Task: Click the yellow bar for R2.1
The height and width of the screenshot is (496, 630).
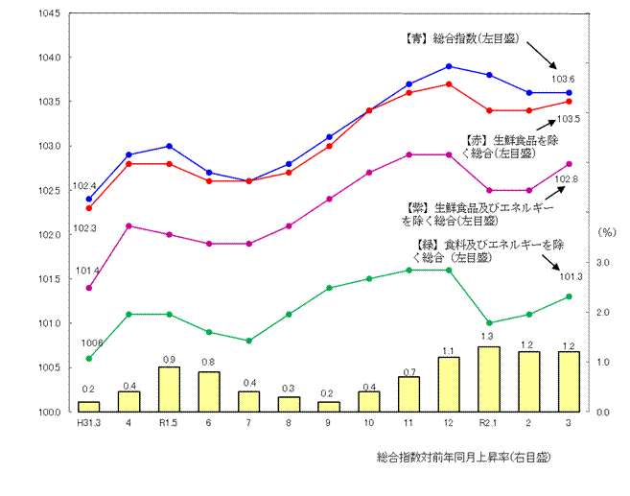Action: [489, 379]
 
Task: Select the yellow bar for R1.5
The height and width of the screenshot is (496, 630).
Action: [169, 389]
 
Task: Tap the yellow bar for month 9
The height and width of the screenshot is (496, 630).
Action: [329, 406]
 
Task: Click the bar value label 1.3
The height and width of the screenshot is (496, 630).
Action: [488, 338]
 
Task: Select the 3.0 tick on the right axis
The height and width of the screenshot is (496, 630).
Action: [605, 262]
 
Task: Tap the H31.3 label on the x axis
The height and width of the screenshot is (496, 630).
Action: [88, 423]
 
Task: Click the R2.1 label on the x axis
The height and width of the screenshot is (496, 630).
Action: [489, 423]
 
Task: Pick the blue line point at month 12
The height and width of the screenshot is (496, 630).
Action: [449, 66]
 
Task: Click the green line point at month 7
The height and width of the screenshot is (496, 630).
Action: [249, 341]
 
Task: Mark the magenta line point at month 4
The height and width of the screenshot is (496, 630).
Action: [129, 225]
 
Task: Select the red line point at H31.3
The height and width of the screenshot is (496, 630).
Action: [89, 208]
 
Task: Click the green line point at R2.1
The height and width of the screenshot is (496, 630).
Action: [489, 323]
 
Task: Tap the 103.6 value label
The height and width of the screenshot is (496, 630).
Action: [563, 79]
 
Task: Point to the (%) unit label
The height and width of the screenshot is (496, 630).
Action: [606, 232]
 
